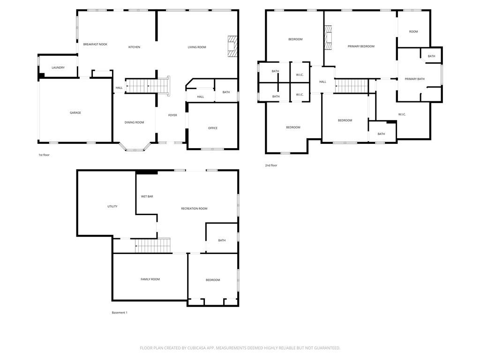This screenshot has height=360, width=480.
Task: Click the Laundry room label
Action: (x=58, y=67)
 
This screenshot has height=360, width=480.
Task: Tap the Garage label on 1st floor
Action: (x=75, y=112)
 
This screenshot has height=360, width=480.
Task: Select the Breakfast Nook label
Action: (x=95, y=45)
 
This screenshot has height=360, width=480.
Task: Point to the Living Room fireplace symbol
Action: (x=232, y=46)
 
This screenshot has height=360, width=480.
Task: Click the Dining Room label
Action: (x=134, y=122)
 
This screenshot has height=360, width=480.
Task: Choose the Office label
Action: (x=213, y=128)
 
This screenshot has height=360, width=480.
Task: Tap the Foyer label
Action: (x=172, y=115)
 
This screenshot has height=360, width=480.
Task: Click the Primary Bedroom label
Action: (x=361, y=46)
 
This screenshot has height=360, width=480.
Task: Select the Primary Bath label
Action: (x=414, y=79)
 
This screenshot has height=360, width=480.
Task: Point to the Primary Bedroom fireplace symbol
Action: (x=328, y=37)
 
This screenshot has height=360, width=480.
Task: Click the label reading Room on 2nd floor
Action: (x=413, y=31)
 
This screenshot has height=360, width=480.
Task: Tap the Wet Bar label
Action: (x=147, y=196)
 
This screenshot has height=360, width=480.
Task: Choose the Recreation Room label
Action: (x=194, y=209)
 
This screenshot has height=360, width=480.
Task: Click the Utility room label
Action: (x=112, y=206)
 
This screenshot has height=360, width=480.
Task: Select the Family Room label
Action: (x=150, y=279)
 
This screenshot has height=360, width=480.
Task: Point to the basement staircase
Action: (x=153, y=246)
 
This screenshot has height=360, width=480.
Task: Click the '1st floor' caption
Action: (x=44, y=155)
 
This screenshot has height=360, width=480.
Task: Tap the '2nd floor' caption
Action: (x=271, y=165)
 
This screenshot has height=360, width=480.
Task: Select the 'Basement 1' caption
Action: (x=120, y=313)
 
